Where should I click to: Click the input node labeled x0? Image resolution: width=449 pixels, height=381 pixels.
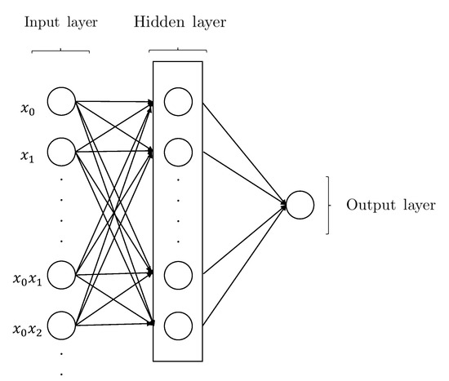(61, 101)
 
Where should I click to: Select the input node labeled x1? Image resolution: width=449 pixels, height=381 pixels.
(61, 151)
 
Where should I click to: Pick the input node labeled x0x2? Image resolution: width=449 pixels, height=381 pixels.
(61, 325)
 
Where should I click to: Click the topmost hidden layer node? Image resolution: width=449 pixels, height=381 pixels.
(177, 101)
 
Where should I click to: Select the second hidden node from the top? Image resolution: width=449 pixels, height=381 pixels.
(177, 151)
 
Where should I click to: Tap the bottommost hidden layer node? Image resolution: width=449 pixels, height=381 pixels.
(177, 325)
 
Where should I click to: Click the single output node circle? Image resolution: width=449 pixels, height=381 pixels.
(299, 205)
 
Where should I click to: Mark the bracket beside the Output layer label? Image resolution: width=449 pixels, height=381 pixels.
(327, 205)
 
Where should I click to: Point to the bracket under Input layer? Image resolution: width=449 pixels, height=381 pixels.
(60, 51)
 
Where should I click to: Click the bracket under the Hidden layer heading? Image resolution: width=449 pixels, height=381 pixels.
(179, 51)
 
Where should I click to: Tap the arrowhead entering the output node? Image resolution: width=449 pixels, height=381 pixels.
(282, 205)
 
